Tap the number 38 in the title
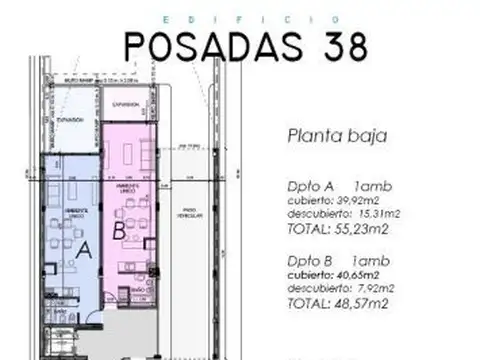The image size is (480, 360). [338, 46]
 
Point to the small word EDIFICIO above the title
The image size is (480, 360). [245, 17]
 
